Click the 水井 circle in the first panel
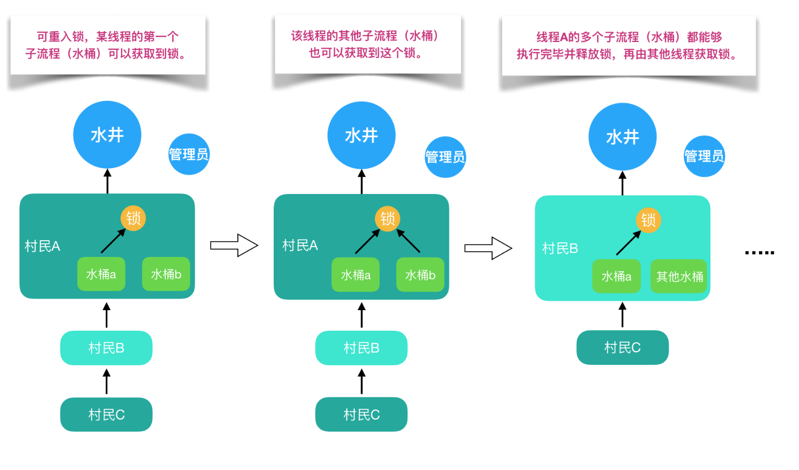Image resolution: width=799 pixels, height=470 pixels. pos(107,135)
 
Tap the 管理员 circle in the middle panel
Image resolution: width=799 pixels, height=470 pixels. pos(445,157)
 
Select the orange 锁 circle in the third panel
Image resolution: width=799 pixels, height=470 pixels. pos(648,220)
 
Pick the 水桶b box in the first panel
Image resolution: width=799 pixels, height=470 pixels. pos(166,274)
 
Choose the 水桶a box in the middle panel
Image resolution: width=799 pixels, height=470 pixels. pos(355,275)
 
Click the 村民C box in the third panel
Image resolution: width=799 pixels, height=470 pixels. pos(622,348)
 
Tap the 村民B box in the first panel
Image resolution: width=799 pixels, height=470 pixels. pos(106,348)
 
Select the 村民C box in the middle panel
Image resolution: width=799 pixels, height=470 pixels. pos(361,415)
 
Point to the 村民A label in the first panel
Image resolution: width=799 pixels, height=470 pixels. pos(42,246)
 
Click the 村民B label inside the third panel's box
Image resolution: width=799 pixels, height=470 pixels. pos(560,248)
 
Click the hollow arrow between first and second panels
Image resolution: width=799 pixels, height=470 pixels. pos(234,246)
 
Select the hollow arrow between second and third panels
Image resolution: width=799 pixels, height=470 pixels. pos(488,248)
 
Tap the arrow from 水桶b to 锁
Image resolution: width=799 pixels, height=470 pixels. pos(408,241)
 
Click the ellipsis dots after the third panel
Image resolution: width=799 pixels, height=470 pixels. pos(760,253)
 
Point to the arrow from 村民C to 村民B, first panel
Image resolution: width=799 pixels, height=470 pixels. pos(107,382)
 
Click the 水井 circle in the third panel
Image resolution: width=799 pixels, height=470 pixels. pos(623,137)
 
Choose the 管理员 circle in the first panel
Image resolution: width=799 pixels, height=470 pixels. pos(189,154)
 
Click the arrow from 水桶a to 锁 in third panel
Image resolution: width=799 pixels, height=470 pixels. pos(628,243)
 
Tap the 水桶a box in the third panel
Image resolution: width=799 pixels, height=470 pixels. pos(616,277)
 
